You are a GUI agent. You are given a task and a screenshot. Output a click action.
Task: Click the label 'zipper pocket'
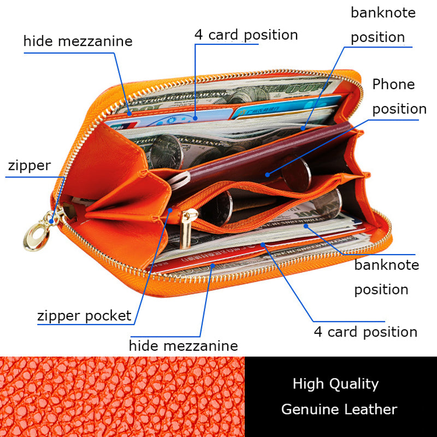click(84, 315)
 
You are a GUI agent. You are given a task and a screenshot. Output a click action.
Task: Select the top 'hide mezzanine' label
click(78, 41)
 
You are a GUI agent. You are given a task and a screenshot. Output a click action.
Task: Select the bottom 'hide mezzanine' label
click(183, 346)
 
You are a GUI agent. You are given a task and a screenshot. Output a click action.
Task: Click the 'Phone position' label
click(398, 96)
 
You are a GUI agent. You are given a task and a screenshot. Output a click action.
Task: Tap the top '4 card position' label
click(246, 35)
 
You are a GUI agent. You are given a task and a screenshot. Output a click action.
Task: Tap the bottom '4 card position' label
click(365, 332)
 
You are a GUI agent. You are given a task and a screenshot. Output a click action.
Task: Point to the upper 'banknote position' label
click(382, 25)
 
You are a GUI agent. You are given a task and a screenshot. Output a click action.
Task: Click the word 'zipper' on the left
click(28, 166)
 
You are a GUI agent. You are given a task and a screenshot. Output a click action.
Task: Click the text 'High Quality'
click(335, 383)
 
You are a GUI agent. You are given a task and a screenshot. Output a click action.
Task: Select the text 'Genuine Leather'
click(339, 409)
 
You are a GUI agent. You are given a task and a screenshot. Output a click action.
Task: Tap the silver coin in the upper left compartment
click(165, 151)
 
